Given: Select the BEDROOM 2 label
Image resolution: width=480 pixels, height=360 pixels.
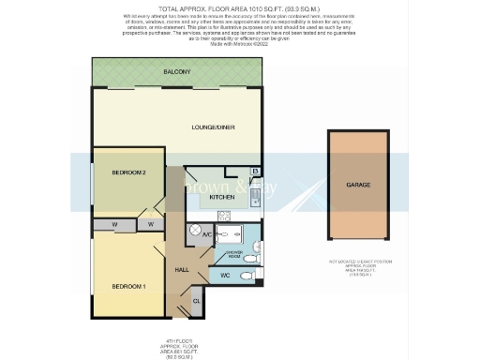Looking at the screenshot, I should [x=128, y=172].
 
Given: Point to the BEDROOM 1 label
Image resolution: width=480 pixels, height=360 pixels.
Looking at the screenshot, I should [x=128, y=285].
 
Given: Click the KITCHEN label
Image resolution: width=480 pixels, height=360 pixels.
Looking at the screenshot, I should [x=221, y=198].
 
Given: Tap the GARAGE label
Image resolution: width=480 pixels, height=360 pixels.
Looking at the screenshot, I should [x=358, y=185].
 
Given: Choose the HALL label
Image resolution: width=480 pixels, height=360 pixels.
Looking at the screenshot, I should [x=183, y=270].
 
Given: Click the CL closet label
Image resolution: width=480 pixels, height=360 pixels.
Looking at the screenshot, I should [x=196, y=300].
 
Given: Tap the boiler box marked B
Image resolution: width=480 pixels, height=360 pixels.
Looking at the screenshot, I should [x=254, y=172].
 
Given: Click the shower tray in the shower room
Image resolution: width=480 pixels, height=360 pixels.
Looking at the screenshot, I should [x=251, y=235].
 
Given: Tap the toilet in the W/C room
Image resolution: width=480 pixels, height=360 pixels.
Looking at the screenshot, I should [x=246, y=276].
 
